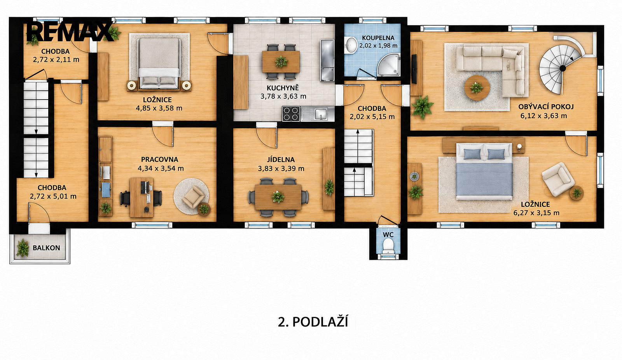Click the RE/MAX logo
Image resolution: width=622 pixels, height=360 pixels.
tap(70, 31)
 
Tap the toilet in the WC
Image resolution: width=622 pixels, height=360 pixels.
tap(388, 246)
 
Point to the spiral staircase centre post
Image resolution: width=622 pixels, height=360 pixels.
tap(563, 68)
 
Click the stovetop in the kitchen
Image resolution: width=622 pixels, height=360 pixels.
tap(291, 114)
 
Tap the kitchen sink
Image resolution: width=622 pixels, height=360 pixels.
tap(317, 114)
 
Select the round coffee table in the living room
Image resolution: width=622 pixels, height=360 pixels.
tap(477, 87)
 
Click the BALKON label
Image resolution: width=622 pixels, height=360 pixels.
tap(46, 248)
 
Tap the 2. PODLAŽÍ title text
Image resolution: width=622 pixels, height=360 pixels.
tap(313, 322)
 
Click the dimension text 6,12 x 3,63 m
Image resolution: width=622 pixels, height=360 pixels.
tap(544, 116)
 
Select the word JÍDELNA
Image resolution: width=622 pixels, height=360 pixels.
tap(281, 160)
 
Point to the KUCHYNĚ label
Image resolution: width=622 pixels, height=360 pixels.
tap(283, 88)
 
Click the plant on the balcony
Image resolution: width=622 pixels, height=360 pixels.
tap(22, 248)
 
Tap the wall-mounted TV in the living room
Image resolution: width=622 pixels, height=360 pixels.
tap(414, 69)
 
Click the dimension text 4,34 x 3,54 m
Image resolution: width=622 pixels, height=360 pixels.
tap(161, 168)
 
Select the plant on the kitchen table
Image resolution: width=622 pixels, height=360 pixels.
tap(281, 61)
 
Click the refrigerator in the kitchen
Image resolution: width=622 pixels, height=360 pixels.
tap(327, 61)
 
